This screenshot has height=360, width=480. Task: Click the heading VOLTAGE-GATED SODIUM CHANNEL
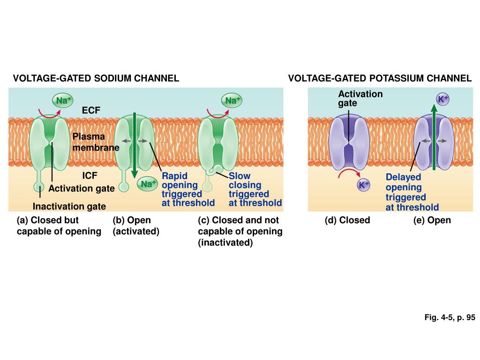pyautogui.click(x=96, y=78)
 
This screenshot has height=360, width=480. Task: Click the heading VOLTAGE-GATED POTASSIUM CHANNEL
pyautogui.click(x=380, y=78)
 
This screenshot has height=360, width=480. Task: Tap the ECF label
pyautogui.click(x=91, y=111)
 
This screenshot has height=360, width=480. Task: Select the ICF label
pyautogui.click(x=90, y=176)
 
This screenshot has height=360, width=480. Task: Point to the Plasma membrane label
pyautogui.click(x=95, y=142)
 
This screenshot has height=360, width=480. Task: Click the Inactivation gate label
pyautogui.click(x=69, y=206)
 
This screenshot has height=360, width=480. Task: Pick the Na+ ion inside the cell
pyautogui.click(x=147, y=184)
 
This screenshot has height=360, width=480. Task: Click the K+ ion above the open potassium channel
pyautogui.click(x=443, y=99)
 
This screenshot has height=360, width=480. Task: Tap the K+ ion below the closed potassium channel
pyautogui.click(x=364, y=185)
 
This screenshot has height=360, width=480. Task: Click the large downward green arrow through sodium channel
pyautogui.click(x=135, y=145)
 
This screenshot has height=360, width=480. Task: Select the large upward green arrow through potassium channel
pyautogui.click(x=434, y=138)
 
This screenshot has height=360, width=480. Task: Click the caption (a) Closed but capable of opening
pyautogui.click(x=59, y=225)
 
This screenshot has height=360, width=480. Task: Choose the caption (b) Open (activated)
pyautogui.click(x=136, y=225)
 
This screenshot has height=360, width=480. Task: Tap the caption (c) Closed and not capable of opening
pyautogui.click(x=240, y=231)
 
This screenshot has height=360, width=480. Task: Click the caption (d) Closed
pyautogui.click(x=347, y=220)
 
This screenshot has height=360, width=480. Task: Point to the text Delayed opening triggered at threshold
pyautogui.click(x=412, y=192)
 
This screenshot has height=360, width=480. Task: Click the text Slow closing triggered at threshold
pyautogui.click(x=255, y=189)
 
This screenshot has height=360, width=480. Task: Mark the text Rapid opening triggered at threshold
pyautogui.click(x=188, y=189)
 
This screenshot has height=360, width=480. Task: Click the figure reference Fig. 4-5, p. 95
pyautogui.click(x=450, y=317)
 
